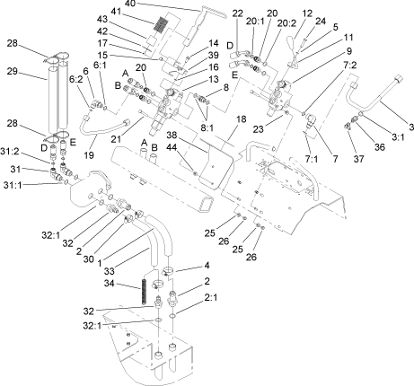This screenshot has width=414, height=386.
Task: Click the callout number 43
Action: (128, 20)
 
